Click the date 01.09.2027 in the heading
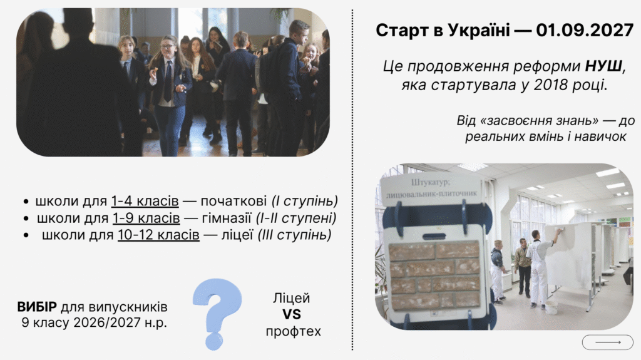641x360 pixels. [584, 30]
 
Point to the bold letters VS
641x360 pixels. [291, 315]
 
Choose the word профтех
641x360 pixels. [293, 331]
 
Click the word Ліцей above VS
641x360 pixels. [291, 298]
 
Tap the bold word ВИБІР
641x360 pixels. [37, 307]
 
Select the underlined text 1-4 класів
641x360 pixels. [145, 202]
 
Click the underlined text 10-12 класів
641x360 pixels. [158, 235]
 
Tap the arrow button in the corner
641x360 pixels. [608, 342]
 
